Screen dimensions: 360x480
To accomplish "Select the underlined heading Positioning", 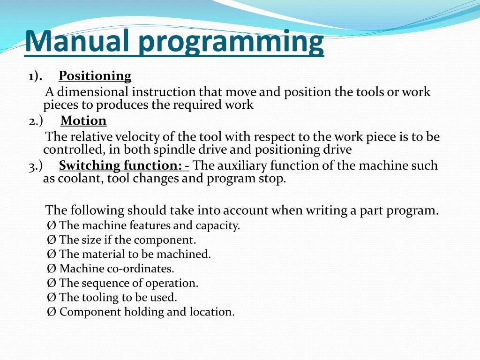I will pyautogui.click(x=95, y=76).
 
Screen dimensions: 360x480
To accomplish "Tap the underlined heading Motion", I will pyautogui.click(x=83, y=121).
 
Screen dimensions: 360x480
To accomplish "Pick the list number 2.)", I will pyautogui.click(x=36, y=121).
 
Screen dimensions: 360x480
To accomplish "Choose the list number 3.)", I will pyautogui.click(x=36, y=165).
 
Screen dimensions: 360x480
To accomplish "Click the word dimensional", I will pyautogui.click(x=92, y=92).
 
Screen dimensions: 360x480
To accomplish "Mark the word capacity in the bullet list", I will pyautogui.click(x=217, y=226).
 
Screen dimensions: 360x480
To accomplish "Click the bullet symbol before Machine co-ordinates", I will pyautogui.click(x=52, y=269).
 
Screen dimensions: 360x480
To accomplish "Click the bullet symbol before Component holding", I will pyautogui.click(x=52, y=312).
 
